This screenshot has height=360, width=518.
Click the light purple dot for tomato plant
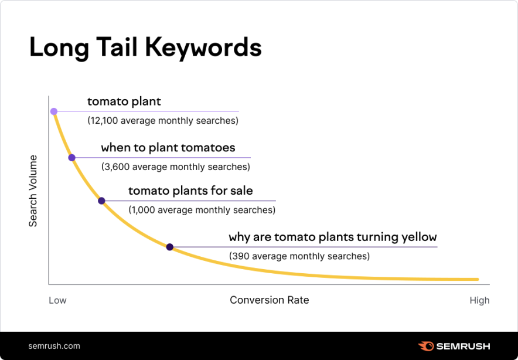coord(54,111)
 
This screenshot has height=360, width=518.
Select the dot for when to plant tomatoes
coord(71,158)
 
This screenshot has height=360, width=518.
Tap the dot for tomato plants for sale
coord(101,201)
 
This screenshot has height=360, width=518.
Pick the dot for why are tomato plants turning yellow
coord(170,247)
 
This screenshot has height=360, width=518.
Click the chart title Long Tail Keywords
coord(145,48)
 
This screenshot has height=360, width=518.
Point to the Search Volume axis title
coord(33,191)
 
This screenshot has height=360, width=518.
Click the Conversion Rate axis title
coord(269,300)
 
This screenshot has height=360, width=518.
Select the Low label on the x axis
coord(57,300)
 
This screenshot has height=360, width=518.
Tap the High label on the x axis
coord(479,300)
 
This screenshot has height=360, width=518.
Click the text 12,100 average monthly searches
coord(163,121)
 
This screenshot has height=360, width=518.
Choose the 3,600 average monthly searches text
coord(176,167)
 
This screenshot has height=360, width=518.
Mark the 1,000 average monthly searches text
coord(202,209)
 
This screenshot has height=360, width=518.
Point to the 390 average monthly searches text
coord(299,256)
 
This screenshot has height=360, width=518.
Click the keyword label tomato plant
coord(124,101)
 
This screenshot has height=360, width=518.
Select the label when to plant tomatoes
coord(168,148)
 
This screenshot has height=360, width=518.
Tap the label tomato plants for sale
coord(190,191)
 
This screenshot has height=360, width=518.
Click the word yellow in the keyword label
coord(418,237)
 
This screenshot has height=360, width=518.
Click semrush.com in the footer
coord(54,346)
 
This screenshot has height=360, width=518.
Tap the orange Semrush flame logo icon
coord(426,346)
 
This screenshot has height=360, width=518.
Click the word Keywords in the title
coord(205,48)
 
